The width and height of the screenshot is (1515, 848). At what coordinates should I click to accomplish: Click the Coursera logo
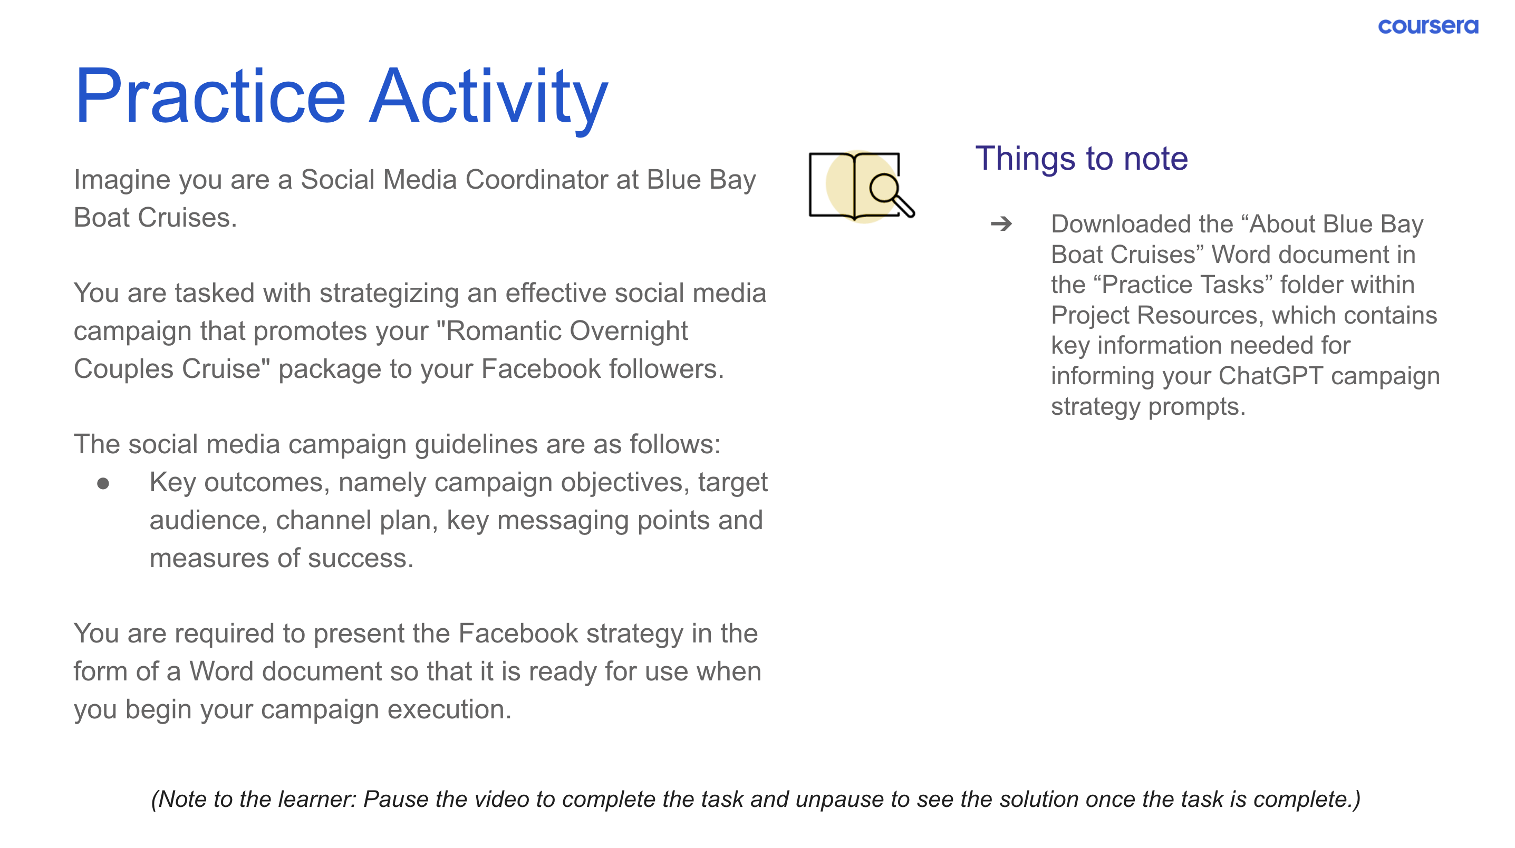pyautogui.click(x=1427, y=26)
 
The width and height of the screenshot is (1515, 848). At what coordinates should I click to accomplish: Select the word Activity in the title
pyautogui.click(x=489, y=100)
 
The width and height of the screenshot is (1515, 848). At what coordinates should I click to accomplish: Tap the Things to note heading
pyautogui.click(x=1082, y=159)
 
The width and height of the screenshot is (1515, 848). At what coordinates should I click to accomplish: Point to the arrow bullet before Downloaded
pyautogui.click(x=1001, y=224)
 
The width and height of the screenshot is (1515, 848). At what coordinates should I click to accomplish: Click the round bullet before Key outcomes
pyautogui.click(x=103, y=484)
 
